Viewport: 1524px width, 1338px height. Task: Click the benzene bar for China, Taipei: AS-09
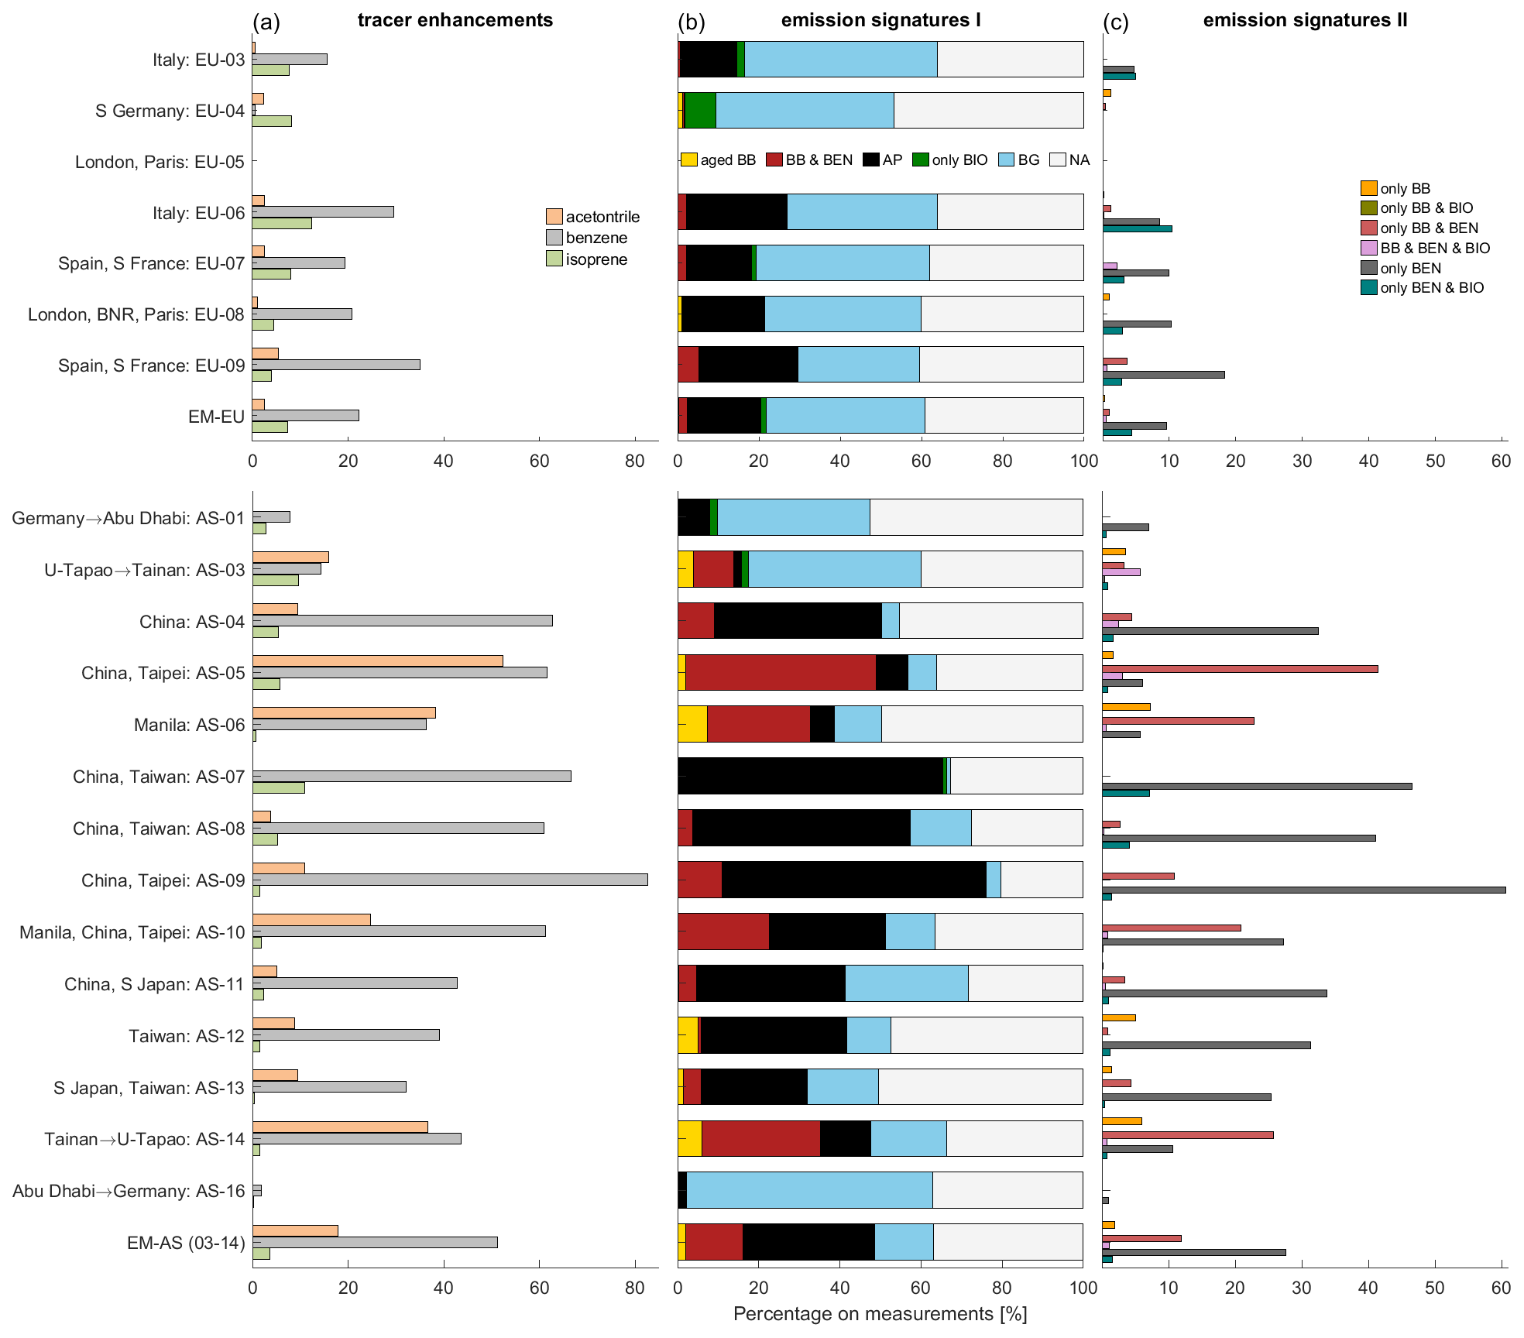tap(449, 880)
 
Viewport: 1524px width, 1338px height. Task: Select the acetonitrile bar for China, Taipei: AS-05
tap(377, 660)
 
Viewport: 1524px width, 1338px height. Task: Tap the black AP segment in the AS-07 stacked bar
tap(810, 776)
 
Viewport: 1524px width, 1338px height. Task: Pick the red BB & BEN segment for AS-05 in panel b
tap(781, 672)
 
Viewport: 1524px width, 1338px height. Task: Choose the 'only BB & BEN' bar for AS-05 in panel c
tap(1240, 669)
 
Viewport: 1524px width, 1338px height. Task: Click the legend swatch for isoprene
tap(554, 259)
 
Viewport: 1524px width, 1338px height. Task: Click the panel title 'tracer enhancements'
tap(455, 20)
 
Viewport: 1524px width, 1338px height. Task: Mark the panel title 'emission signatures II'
tap(1305, 20)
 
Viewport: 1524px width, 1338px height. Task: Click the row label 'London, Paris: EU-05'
tap(160, 162)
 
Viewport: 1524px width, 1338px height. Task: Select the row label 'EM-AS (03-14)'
tap(186, 1243)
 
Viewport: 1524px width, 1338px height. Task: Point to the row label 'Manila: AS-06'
tap(189, 725)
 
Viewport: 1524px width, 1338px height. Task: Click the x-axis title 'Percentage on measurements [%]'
tap(880, 1314)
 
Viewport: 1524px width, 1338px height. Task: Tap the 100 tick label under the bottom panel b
tap(1083, 1287)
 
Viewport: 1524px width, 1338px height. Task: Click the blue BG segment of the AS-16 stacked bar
tap(809, 1190)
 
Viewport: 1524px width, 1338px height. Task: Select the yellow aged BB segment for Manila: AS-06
tap(692, 724)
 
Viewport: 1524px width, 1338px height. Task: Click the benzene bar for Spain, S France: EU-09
tap(336, 365)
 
